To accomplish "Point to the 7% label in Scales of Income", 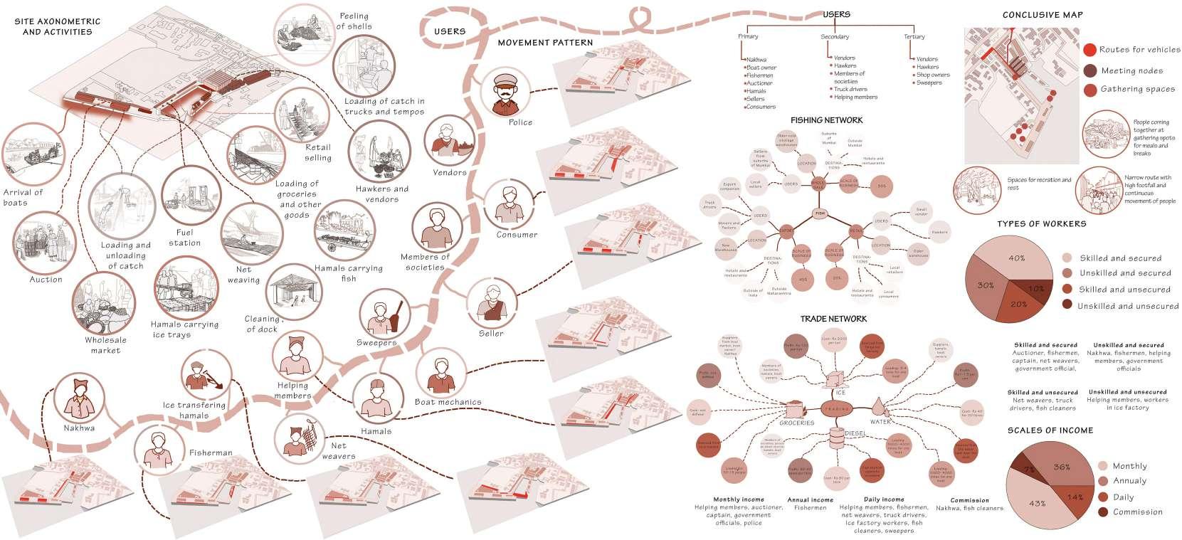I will [1030, 470].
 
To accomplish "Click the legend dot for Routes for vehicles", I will [1089, 50].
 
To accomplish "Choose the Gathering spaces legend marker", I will [1089, 89].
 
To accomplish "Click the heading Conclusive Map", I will [1043, 15].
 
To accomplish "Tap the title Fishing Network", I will [826, 120].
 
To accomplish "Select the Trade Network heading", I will [833, 319].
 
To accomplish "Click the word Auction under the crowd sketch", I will [46, 280].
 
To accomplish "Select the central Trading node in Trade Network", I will [833, 409].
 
